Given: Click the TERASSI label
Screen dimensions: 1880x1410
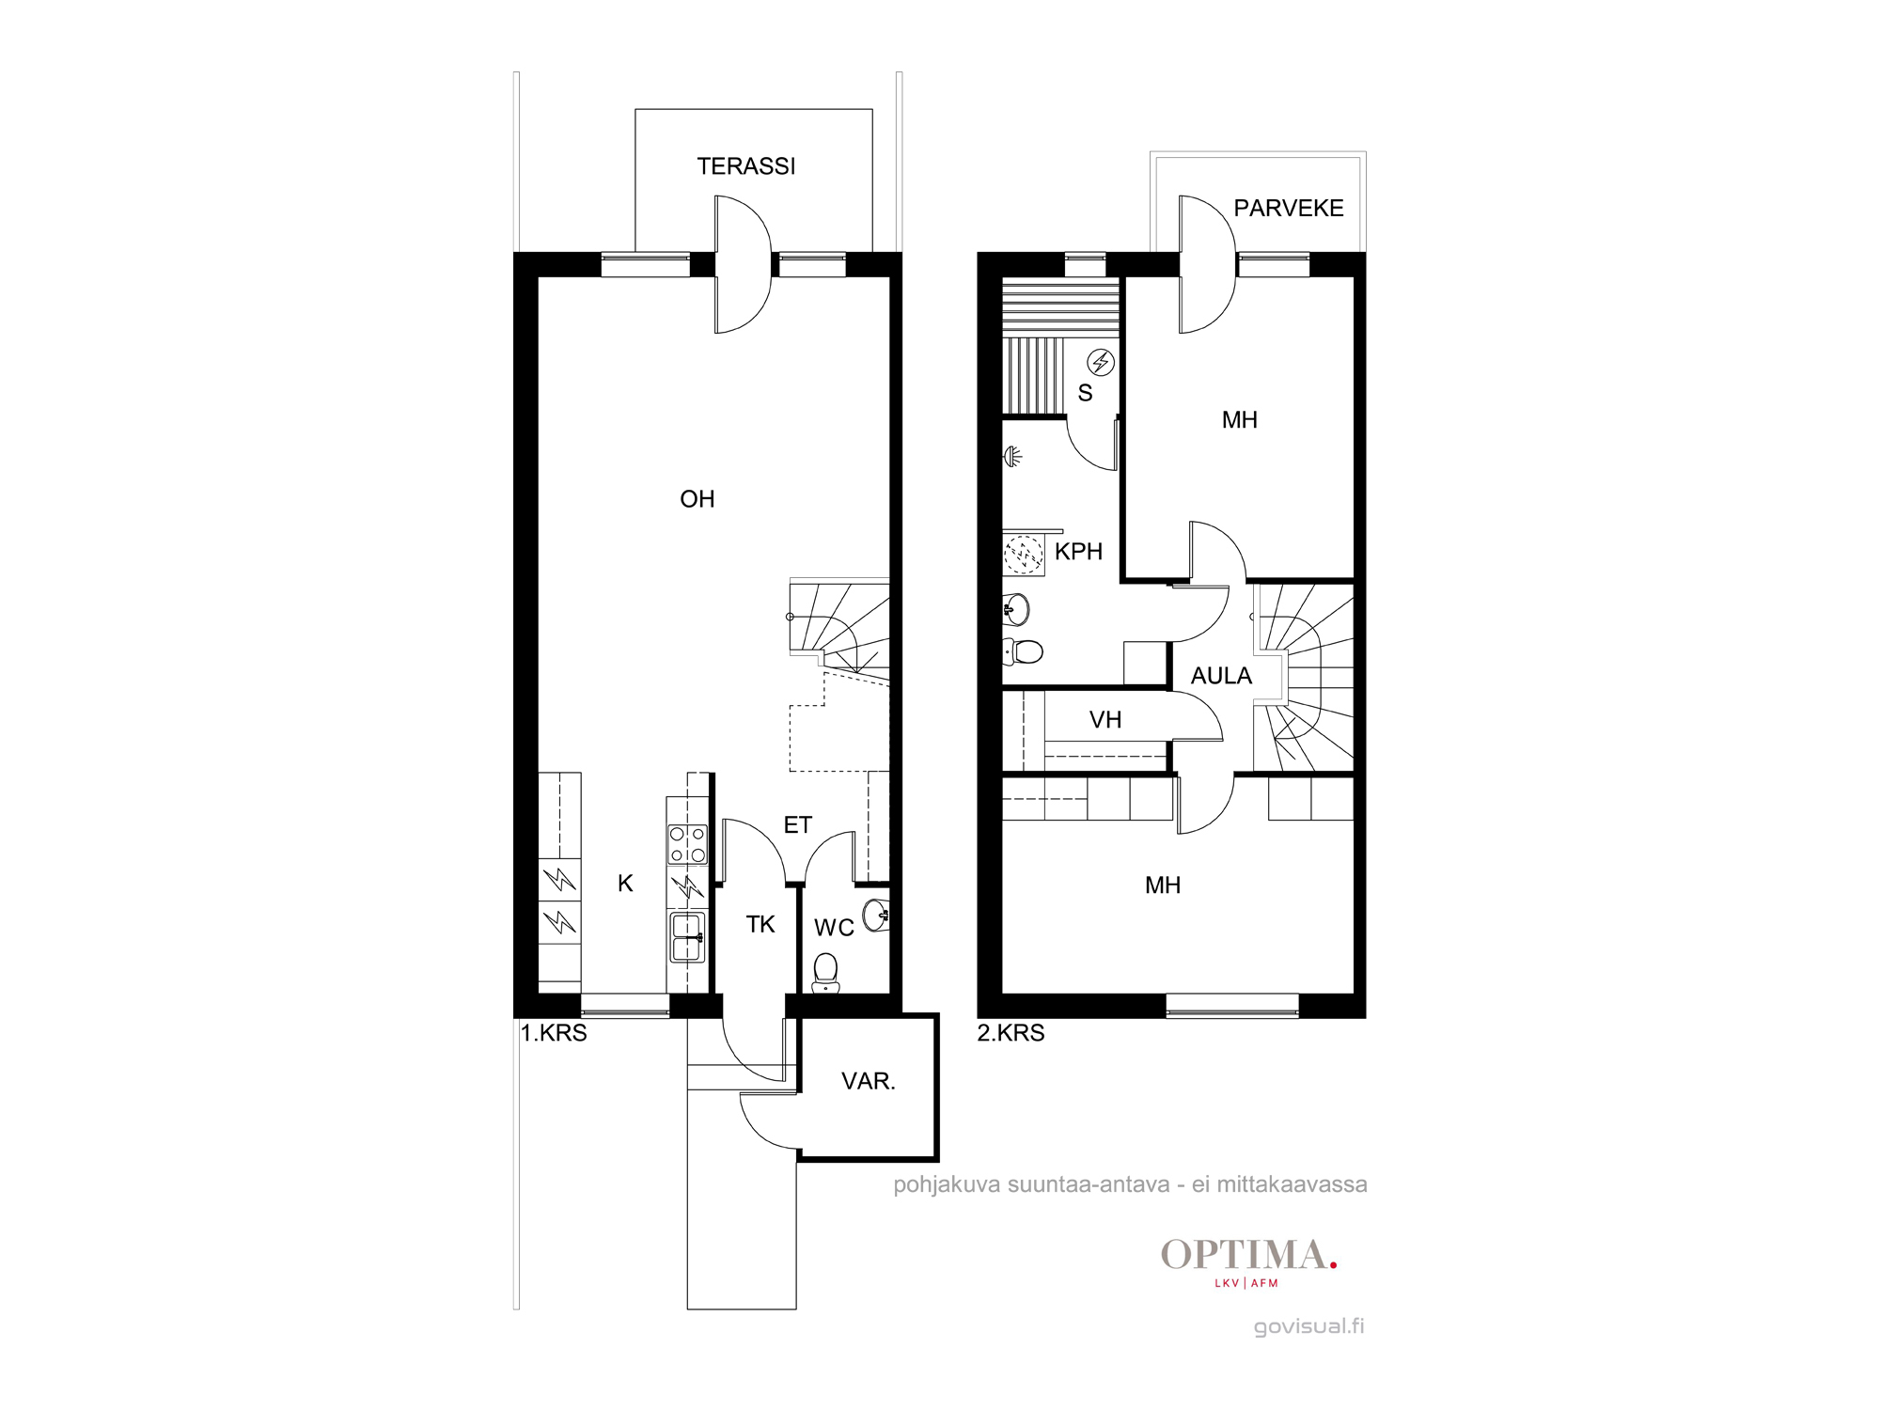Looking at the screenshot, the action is [x=746, y=166].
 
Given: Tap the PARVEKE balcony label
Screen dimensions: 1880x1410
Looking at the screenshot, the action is [x=1289, y=208].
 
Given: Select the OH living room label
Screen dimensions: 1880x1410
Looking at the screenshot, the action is [x=697, y=499].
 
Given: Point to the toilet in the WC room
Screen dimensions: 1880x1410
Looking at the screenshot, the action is [x=825, y=973].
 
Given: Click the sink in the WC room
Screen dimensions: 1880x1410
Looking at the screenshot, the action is [x=876, y=915].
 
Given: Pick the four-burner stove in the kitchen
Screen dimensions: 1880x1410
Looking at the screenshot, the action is [x=687, y=844].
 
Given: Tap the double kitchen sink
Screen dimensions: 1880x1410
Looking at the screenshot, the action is [x=687, y=937].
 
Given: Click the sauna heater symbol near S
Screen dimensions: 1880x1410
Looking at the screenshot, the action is [x=1101, y=362].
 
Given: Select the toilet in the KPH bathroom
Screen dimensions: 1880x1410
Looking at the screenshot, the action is [x=1024, y=650].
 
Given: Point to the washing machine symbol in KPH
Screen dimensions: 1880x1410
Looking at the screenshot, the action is [x=1024, y=555].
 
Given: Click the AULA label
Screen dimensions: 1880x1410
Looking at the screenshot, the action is [x=1221, y=676].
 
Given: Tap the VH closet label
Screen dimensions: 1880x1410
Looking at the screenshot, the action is [x=1105, y=720].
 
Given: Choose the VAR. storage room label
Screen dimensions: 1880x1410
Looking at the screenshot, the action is [x=869, y=1081].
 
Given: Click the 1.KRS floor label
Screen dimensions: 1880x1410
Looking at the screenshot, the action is [x=554, y=1033].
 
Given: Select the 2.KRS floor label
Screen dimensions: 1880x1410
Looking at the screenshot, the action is [x=1010, y=1033].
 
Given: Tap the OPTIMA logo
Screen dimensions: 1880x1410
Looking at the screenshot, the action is [x=1249, y=1262].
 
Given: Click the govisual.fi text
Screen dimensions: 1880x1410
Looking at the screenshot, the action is [x=1308, y=1326].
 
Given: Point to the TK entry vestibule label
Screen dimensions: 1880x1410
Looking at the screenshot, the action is [x=760, y=925].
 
